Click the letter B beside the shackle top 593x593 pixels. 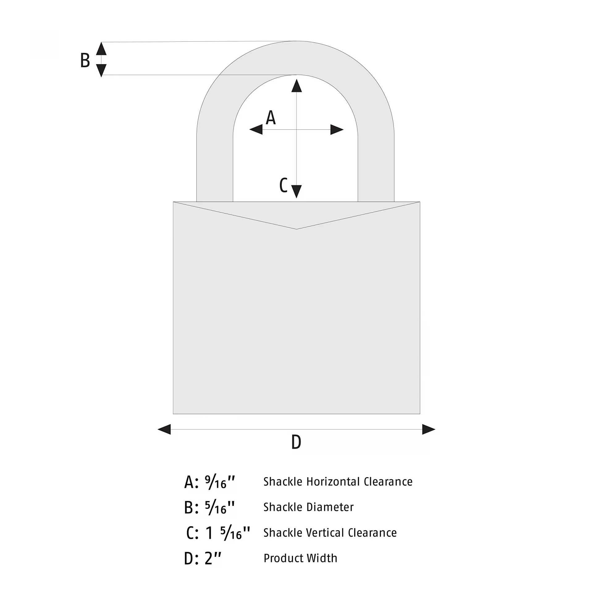[85, 60]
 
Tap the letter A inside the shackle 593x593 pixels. [271, 117]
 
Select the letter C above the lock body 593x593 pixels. [283, 185]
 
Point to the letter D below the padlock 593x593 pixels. [296, 442]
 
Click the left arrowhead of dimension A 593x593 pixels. [256, 129]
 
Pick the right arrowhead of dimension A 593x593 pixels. [337, 129]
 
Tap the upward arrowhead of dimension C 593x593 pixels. [296, 86]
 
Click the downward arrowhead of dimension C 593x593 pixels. [296, 191]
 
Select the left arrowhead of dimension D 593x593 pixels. [164, 429]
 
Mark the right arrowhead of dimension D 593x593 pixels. [429, 429]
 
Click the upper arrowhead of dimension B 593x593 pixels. [101, 49]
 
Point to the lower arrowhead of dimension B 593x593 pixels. [101, 70]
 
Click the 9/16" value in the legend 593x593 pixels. [220, 482]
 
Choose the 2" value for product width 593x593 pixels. [213, 558]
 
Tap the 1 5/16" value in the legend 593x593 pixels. [228, 533]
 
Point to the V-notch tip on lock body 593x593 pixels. [296, 229]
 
